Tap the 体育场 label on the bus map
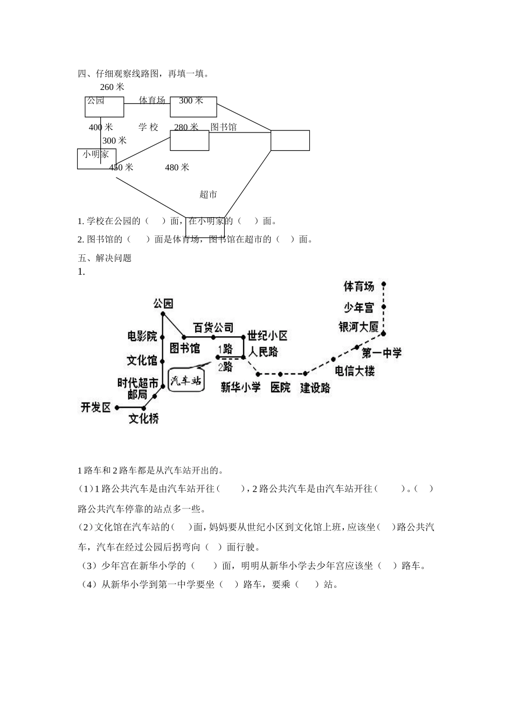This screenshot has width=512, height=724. tap(359, 286)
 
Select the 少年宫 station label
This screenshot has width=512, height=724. tap(359, 308)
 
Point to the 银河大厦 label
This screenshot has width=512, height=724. tap(359, 327)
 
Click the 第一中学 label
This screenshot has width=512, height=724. tap(382, 353)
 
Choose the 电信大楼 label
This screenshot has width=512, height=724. tap(355, 371)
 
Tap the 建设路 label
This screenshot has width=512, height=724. tap(315, 387)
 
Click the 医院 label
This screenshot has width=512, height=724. tap(280, 387)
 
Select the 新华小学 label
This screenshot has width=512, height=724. tap(240, 387)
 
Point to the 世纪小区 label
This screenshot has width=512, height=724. tap(268, 336)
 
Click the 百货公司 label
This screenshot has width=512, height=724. tap(213, 328)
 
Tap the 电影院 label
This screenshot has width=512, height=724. tap(142, 336)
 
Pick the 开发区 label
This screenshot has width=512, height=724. tap(95, 407)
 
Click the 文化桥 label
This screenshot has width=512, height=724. tap(143, 418)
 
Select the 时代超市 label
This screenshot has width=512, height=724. tap(138, 383)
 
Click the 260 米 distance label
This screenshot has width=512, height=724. tap(112, 87)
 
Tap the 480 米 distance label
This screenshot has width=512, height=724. tap(177, 168)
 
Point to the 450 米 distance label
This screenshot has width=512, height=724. tap(121, 168)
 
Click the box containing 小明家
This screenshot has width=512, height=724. tap(96, 158)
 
